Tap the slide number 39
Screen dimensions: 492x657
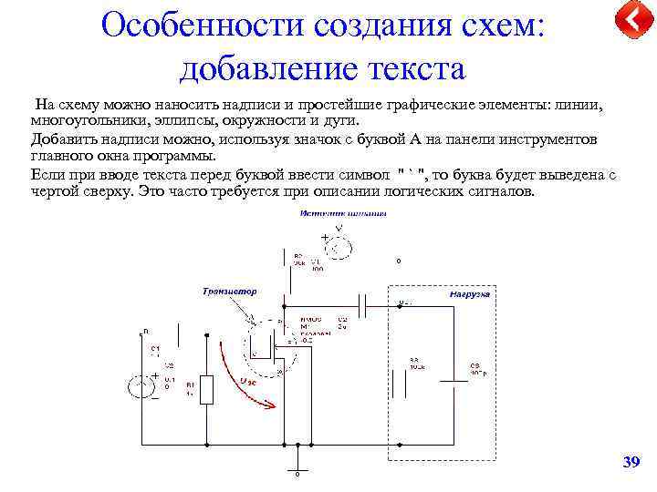tap(631, 463)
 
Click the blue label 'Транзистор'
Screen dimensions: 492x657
tap(230, 292)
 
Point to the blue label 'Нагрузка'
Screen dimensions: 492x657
tap(470, 294)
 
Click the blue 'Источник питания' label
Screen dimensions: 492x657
tap(342, 213)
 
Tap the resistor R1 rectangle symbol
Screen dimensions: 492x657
tap(207, 389)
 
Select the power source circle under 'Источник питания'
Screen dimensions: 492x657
tap(339, 247)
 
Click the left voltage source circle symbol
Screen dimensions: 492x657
tap(141, 386)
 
